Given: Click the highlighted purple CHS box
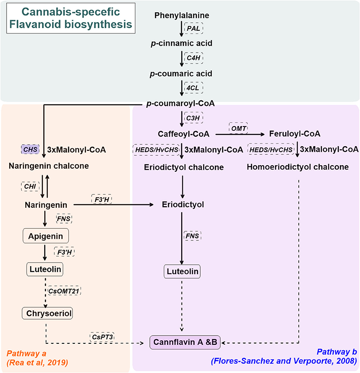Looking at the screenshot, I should point(30,150).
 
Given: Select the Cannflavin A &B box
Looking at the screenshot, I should point(186,341).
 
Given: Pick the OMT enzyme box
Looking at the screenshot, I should point(238,128).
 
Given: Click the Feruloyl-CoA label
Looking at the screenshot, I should point(291,133).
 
